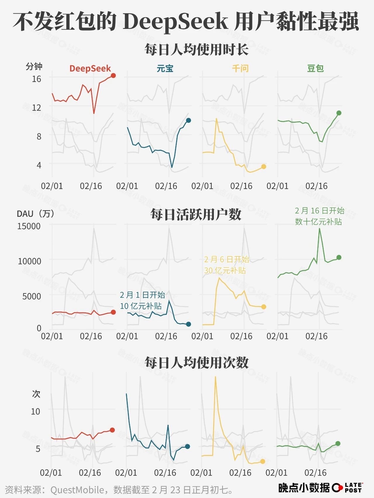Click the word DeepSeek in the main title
[x=175, y=22]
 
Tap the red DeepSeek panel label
[x=90, y=69]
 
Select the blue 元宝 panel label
[x=165, y=69]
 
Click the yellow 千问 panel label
[x=240, y=69]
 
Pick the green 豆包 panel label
[x=315, y=69]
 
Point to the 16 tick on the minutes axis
[x=37, y=79]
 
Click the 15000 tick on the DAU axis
[x=29, y=226]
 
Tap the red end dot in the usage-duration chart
[x=113, y=76]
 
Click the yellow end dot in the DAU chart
[x=264, y=307]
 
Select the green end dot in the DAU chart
[x=339, y=257]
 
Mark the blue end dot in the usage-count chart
[x=188, y=446]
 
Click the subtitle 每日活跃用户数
[x=196, y=214]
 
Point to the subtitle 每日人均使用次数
[x=196, y=363]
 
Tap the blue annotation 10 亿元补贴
[x=141, y=306]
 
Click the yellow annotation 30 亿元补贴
[x=225, y=270]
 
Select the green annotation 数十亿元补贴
[x=318, y=222]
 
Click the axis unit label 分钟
[x=34, y=67]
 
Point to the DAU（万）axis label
[x=36, y=214]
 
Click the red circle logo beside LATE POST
[x=337, y=487]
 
